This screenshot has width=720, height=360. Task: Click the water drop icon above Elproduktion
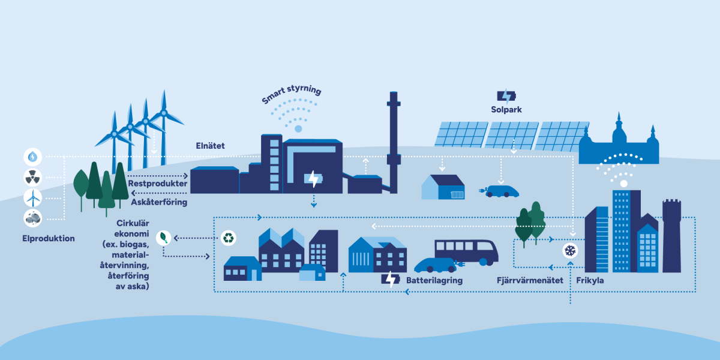coord(32,157)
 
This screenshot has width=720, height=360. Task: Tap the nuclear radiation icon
coord(32,178)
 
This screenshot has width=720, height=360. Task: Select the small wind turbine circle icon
coord(32,198)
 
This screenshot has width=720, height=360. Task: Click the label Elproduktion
coord(49,239)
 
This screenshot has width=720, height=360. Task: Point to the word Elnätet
coord(210,146)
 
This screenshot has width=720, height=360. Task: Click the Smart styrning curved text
coord(291,93)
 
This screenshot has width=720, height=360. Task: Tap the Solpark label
coord(506,110)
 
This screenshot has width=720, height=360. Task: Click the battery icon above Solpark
coord(506,96)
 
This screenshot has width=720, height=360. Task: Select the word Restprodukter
coord(157,184)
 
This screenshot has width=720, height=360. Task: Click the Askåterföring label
coord(159,202)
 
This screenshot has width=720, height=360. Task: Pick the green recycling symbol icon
coord(228,238)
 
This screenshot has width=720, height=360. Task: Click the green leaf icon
coord(164,238)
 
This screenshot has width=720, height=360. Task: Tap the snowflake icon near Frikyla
coord(570,251)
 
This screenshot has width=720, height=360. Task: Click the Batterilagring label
coord(434,280)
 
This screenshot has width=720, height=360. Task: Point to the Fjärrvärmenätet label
coord(530,280)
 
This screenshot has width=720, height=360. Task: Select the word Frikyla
coord(590,280)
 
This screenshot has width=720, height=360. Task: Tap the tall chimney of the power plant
coord(394,142)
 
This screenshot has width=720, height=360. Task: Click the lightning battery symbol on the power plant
coord(313,179)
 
